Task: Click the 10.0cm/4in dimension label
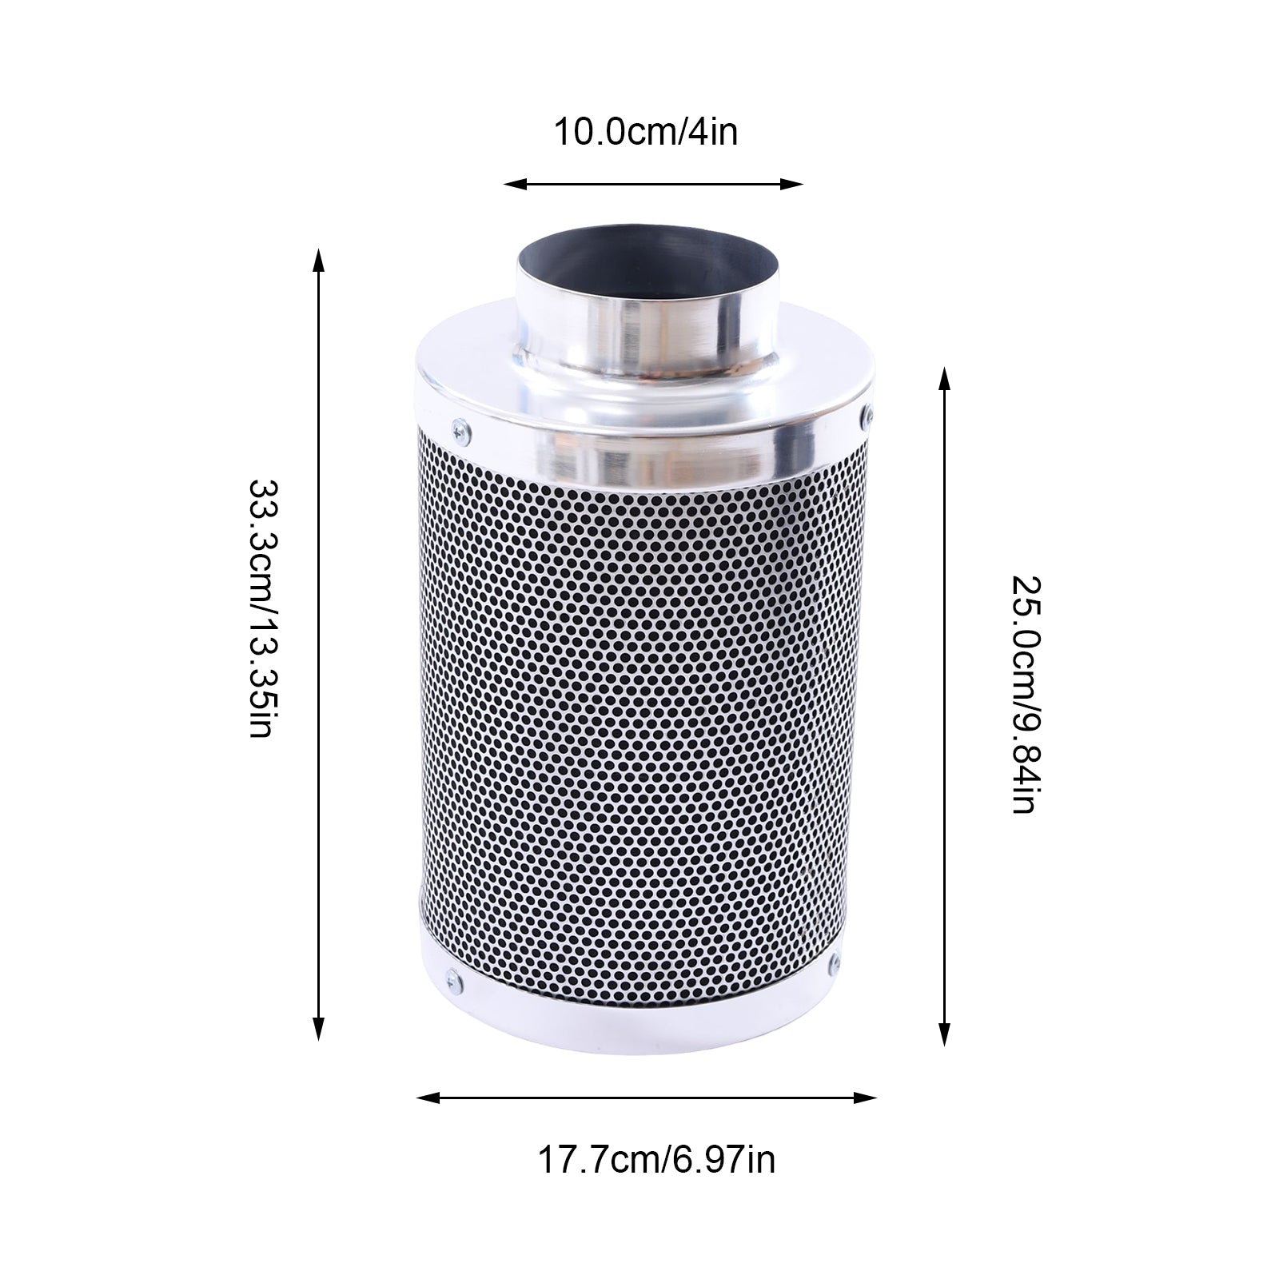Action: click(x=646, y=133)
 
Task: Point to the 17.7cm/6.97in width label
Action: click(x=655, y=1159)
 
